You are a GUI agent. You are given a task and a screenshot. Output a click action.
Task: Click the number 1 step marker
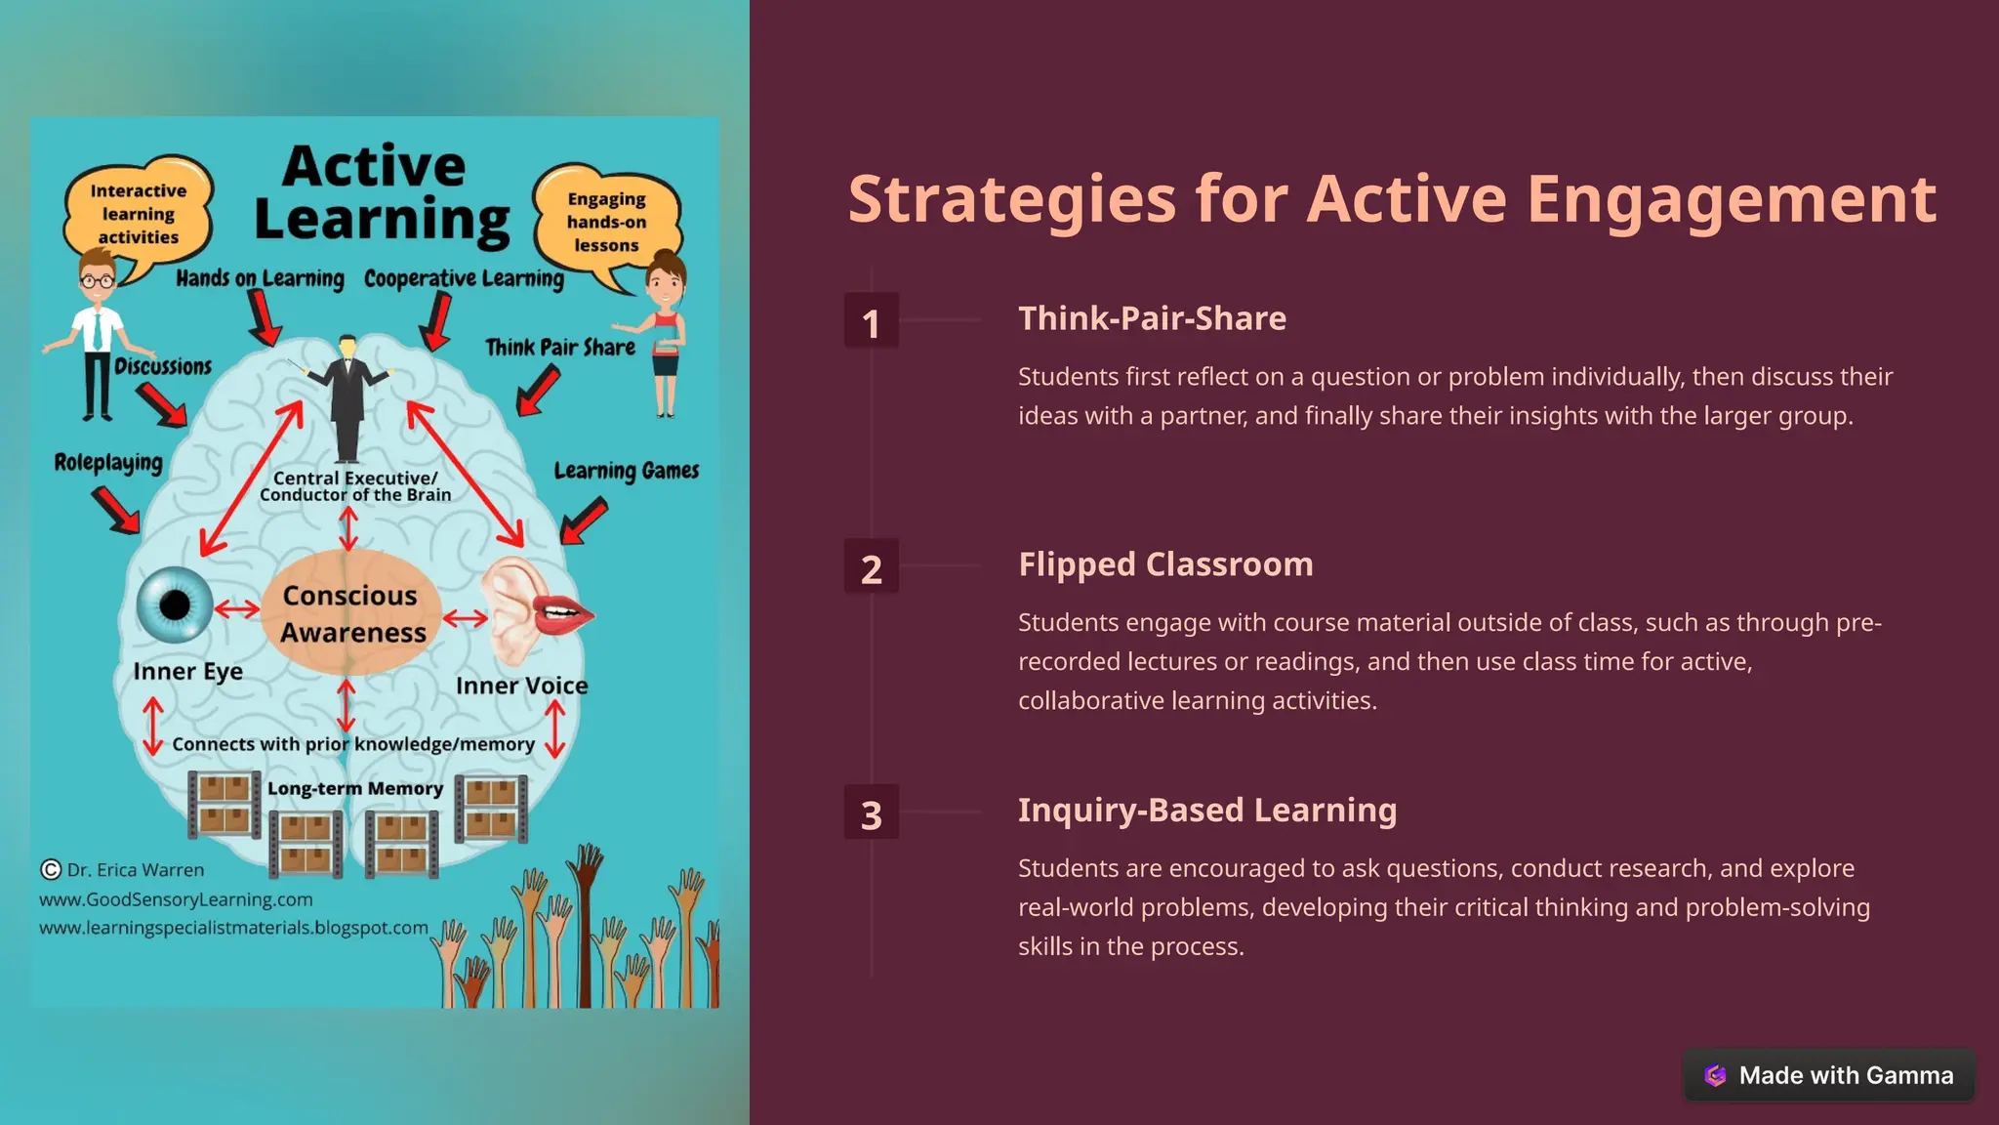click(871, 321)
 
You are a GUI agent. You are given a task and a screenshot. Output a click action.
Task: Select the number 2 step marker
click(871, 567)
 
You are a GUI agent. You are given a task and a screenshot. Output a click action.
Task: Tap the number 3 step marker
click(871, 813)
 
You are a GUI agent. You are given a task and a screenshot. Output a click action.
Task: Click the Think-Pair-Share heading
click(1152, 318)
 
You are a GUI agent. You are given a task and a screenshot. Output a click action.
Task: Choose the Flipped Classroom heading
click(1165, 564)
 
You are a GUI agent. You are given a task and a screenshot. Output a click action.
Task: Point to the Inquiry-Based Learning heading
click(1207, 811)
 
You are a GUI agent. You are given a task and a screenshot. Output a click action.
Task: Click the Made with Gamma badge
click(1829, 1075)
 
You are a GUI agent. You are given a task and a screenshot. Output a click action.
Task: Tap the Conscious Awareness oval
click(351, 613)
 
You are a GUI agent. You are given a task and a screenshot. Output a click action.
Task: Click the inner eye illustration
click(175, 604)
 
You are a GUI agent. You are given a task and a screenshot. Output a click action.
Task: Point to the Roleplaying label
click(108, 462)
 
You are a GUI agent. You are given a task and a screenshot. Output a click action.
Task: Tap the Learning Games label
click(626, 471)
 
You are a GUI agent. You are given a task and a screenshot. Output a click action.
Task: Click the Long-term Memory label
click(355, 788)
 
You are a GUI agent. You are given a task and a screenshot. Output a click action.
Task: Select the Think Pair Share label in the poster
click(560, 348)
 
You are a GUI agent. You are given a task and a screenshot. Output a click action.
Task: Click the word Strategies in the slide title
click(1012, 200)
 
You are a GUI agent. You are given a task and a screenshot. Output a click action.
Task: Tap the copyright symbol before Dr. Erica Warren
click(51, 869)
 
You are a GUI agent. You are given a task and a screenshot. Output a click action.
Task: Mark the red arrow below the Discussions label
click(162, 403)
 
